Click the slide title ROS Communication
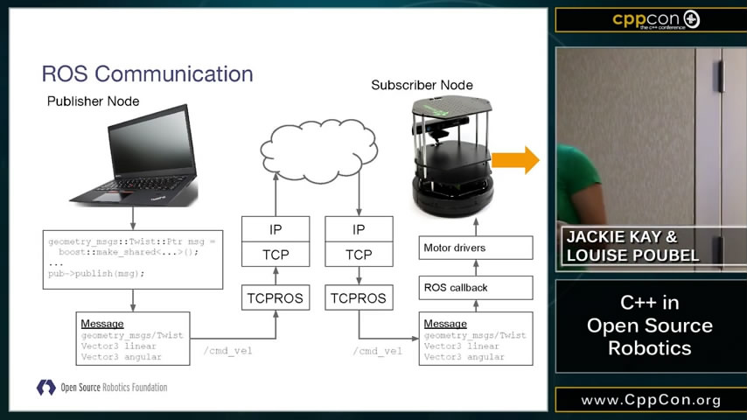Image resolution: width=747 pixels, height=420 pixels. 148,73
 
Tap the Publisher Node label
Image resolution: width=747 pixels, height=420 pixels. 93,101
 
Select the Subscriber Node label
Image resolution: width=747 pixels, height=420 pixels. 422,85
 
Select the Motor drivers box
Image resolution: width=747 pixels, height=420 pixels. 476,248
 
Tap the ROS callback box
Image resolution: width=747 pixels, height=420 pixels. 476,287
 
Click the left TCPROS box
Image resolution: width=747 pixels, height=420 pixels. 276,297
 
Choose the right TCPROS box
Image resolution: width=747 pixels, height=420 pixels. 358,297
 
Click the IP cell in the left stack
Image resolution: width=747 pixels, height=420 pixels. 276,229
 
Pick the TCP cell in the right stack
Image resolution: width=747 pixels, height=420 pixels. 358,255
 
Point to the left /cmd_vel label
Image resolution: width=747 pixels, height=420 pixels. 227,351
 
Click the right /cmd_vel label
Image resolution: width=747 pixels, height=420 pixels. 378,351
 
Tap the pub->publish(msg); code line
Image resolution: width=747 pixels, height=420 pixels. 96,273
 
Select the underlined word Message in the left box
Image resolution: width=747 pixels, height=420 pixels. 101,324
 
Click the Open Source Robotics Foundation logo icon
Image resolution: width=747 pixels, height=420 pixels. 45,387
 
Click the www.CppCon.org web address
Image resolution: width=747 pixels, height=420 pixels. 651,400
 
